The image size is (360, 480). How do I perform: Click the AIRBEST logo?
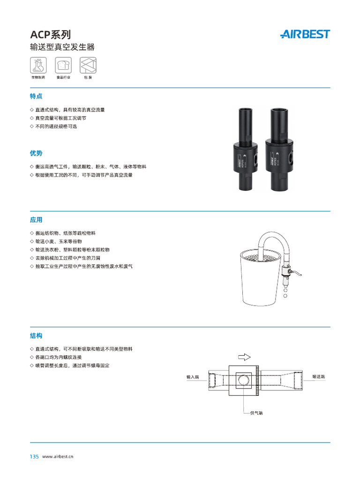(x=305, y=34)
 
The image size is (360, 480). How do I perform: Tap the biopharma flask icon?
(x=37, y=65)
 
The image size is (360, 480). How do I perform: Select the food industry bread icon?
(x=63, y=65)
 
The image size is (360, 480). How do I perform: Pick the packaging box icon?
(x=88, y=65)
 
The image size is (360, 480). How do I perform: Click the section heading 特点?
(x=36, y=96)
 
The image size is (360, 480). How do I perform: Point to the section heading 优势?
(x=36, y=153)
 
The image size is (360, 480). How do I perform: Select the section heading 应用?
(x=36, y=219)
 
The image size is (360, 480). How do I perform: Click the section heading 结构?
(x=36, y=336)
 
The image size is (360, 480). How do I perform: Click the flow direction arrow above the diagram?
(x=245, y=357)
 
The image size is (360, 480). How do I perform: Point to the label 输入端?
(x=193, y=376)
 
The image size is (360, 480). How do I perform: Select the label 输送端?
(x=319, y=376)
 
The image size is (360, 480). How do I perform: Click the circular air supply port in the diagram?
(x=243, y=380)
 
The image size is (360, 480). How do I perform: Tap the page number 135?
(x=34, y=457)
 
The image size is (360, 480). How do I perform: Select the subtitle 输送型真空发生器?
(x=62, y=47)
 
